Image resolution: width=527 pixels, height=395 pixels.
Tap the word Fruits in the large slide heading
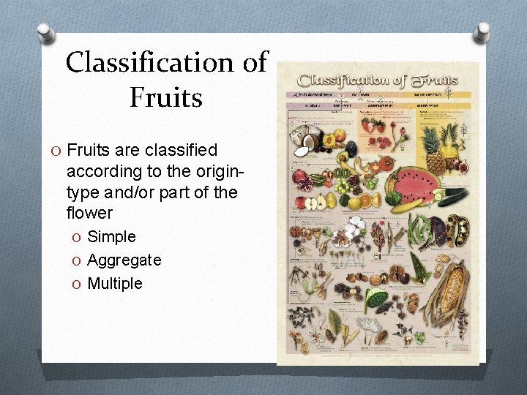pos(165,97)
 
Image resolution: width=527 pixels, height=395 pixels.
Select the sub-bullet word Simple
pos(111,236)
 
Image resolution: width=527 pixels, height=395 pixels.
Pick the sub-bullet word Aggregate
pos(124,260)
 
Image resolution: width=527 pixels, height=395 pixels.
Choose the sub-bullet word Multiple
pos(114,283)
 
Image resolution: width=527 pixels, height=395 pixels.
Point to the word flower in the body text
pos(90,213)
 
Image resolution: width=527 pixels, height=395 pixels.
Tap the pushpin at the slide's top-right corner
pos(484,31)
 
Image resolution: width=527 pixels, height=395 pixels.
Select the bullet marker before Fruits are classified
pos(56,151)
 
